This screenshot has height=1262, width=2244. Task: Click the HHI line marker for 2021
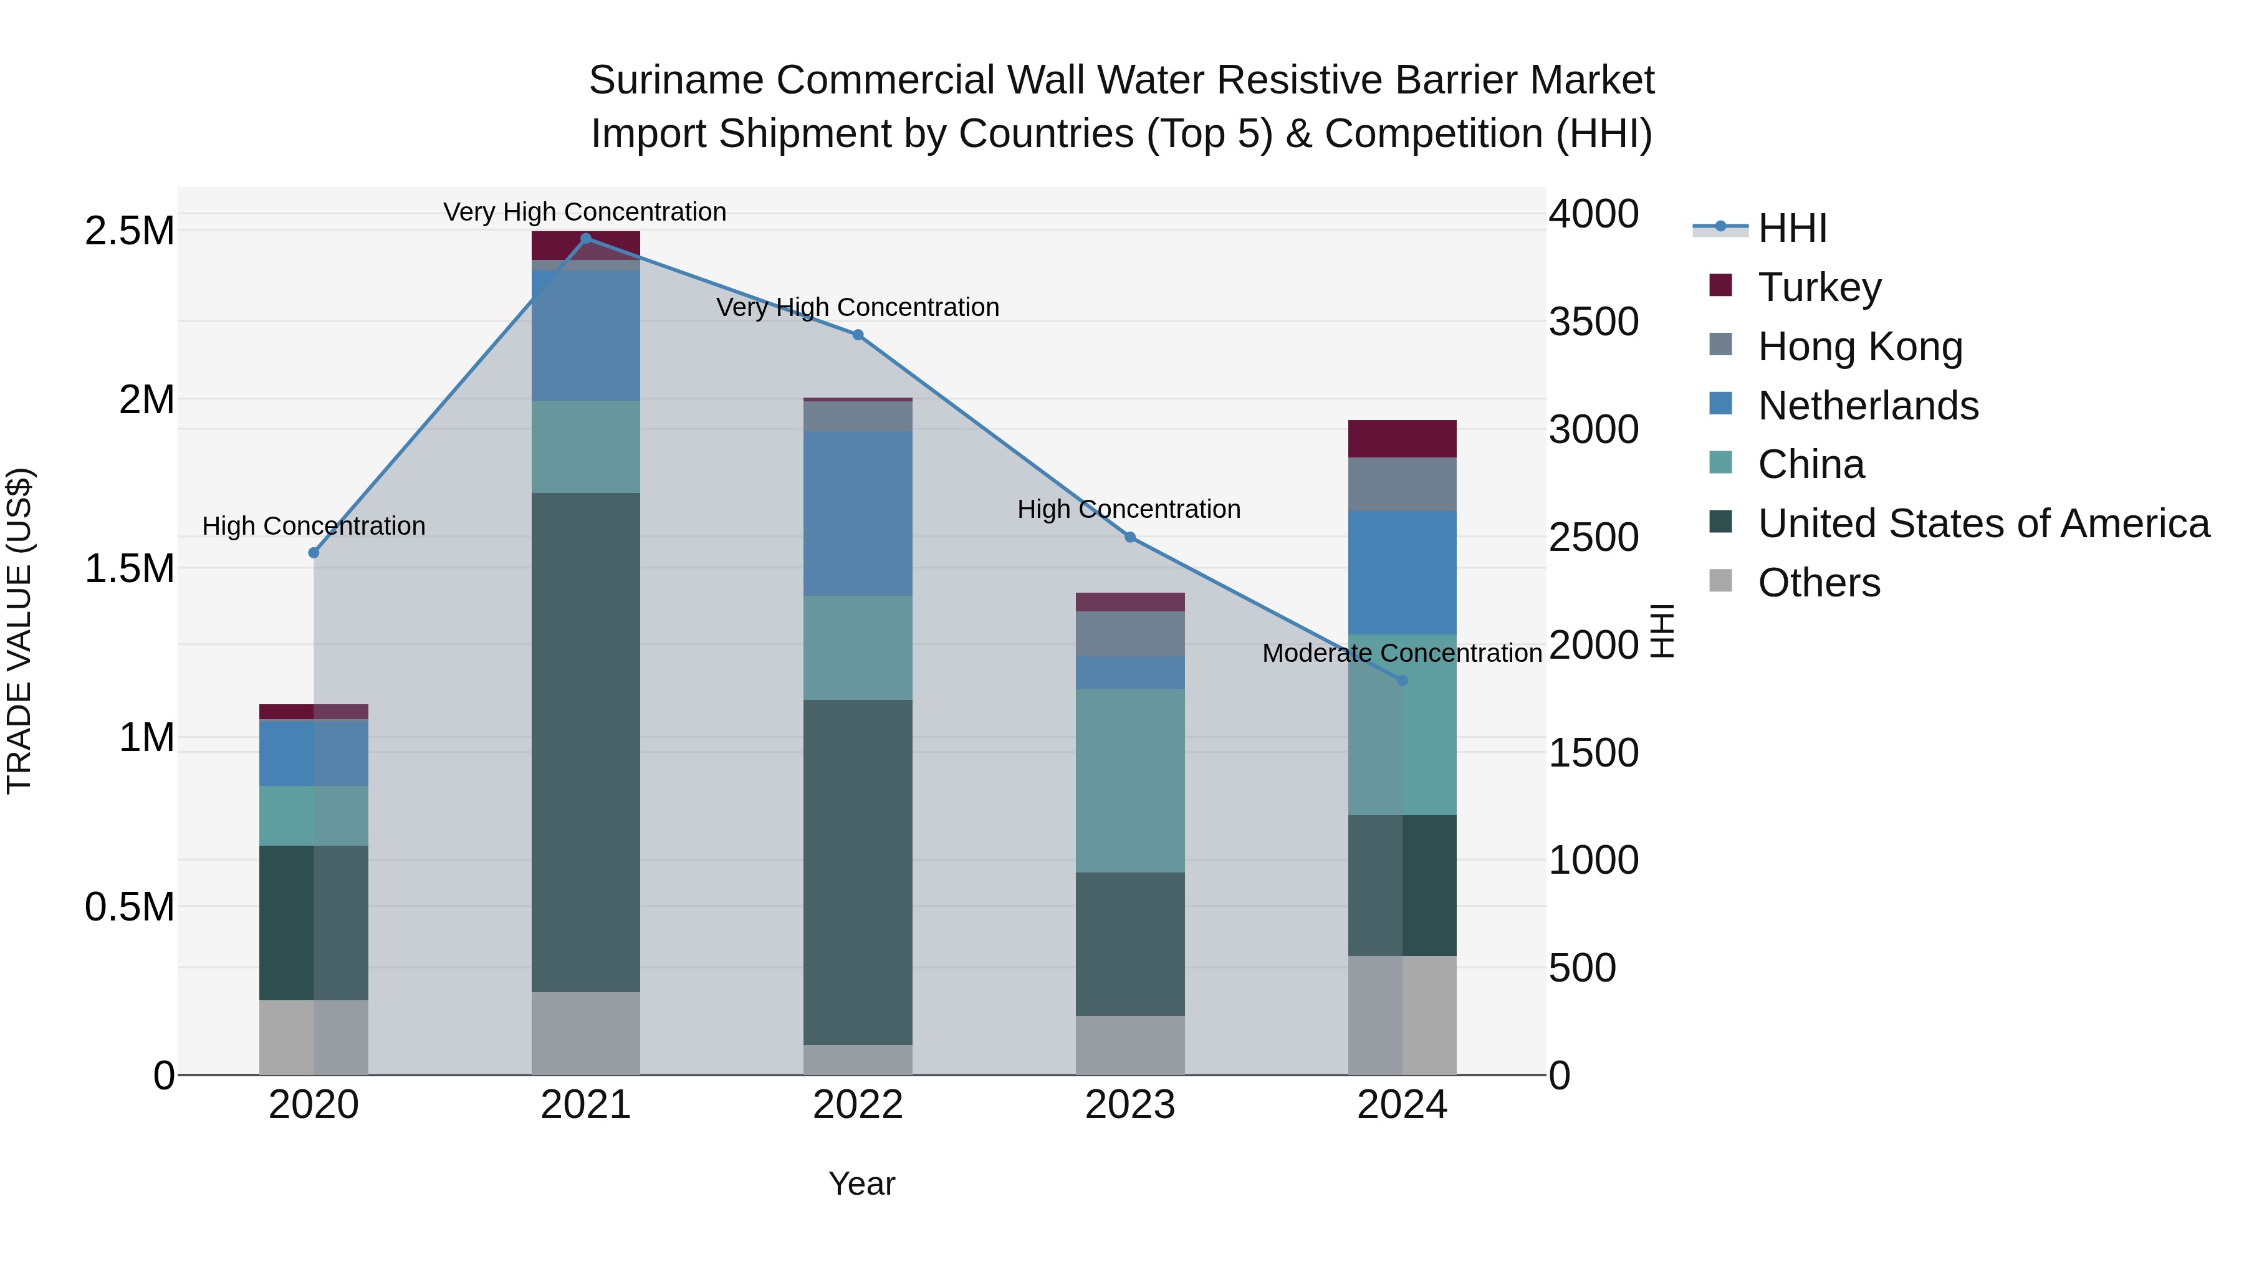point(585,239)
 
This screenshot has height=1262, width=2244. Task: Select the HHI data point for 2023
point(1130,537)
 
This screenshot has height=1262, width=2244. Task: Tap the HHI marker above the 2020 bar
point(314,553)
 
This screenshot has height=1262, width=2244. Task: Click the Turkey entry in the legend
point(1819,287)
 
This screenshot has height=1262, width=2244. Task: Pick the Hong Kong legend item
point(1860,347)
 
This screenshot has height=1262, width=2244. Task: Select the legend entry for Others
point(1818,583)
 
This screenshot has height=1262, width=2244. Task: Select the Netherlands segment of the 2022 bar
point(857,514)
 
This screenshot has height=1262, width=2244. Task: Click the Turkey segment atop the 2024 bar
point(1402,438)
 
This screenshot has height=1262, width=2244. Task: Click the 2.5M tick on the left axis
point(130,232)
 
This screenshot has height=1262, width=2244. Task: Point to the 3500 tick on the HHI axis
point(1593,322)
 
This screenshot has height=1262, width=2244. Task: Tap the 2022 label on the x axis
point(857,1105)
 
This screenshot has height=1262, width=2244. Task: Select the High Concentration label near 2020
point(314,526)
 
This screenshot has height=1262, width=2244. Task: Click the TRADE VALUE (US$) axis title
point(19,631)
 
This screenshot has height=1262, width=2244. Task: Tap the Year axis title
point(861,1183)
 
